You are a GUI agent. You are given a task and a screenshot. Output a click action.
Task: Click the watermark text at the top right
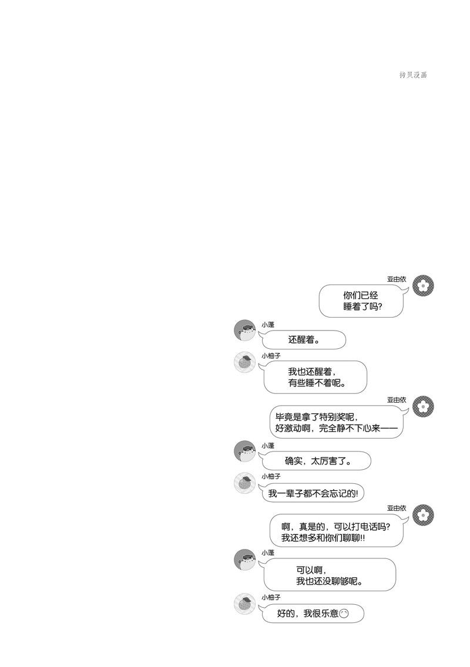tap(413, 75)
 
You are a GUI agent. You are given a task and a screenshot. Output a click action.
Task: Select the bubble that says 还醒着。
tap(303, 340)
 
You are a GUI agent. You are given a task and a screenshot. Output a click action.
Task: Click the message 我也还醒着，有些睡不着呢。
tap(315, 377)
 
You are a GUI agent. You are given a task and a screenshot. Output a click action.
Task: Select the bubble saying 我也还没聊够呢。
tap(328, 575)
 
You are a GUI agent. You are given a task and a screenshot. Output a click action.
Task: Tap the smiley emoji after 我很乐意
tap(344, 614)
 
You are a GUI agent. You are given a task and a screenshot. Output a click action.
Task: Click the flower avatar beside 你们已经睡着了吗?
tap(423, 286)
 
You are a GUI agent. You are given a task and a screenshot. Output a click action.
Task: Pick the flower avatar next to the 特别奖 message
tap(423, 407)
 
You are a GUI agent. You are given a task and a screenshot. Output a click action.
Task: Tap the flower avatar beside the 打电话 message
tap(423, 515)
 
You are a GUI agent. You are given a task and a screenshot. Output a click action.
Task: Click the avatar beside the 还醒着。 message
tap(245, 330)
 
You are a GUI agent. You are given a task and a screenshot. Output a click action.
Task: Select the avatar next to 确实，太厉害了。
tap(245, 452)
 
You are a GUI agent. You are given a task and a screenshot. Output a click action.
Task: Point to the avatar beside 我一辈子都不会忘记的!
tap(245, 483)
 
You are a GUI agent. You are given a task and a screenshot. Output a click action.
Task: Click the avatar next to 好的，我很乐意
tap(245, 604)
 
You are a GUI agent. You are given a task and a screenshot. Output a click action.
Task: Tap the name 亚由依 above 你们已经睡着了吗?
tap(397, 279)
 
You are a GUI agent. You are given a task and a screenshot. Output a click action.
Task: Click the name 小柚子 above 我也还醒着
tap(271, 356)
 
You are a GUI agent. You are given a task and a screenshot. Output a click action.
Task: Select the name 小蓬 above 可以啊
tap(268, 553)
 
